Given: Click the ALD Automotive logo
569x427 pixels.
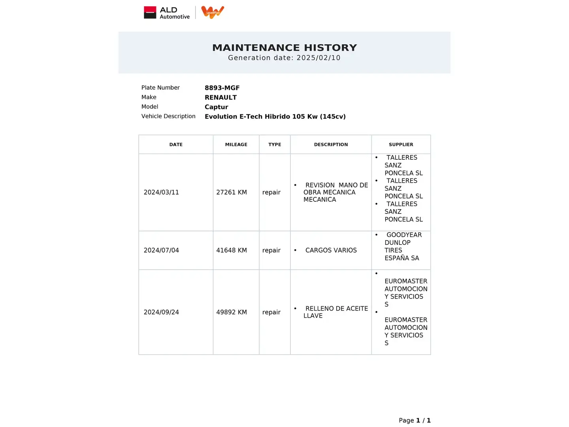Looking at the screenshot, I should [167, 13].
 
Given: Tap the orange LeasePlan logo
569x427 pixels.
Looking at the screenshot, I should [213, 12].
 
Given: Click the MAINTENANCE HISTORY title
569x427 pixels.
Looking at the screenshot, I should [284, 48].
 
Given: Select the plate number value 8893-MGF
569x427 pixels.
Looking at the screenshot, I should [222, 88].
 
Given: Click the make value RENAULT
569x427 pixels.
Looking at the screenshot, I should [220, 97].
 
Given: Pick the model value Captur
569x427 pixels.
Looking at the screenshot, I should [216, 107].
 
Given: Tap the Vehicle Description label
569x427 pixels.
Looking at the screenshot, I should [168, 116].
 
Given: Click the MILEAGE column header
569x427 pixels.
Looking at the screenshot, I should [236, 145].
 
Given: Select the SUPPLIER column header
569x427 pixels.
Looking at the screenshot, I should [401, 145].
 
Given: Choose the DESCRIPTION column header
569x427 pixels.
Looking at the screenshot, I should [331, 145].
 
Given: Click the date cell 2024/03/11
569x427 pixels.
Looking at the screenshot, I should [161, 192].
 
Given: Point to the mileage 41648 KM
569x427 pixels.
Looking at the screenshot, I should [232, 250].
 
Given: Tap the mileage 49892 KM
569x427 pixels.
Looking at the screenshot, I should [232, 312].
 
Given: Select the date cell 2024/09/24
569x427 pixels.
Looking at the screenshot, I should [161, 312].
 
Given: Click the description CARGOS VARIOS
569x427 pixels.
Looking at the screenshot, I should [331, 250].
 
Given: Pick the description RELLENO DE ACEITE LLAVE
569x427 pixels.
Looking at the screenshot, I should [335, 312].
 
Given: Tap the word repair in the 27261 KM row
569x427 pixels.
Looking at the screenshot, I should [271, 192].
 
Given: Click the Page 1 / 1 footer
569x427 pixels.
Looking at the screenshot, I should [415, 420].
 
